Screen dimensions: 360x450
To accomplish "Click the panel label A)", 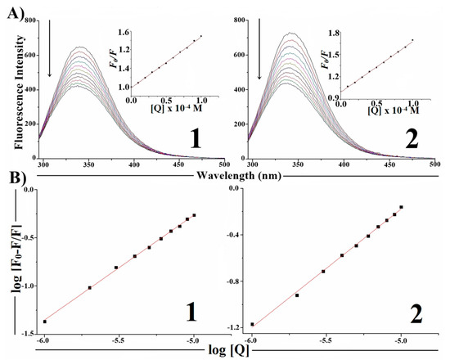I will click(x=11, y=8).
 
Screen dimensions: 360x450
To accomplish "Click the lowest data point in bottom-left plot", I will click(x=45, y=322).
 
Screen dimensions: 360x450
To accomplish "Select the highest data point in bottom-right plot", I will click(x=401, y=207).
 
